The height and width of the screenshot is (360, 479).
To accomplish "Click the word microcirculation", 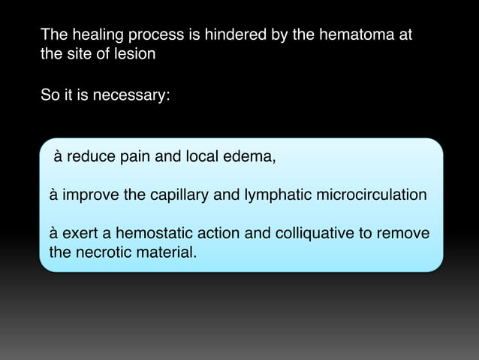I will pyautogui.click(x=372, y=195).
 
